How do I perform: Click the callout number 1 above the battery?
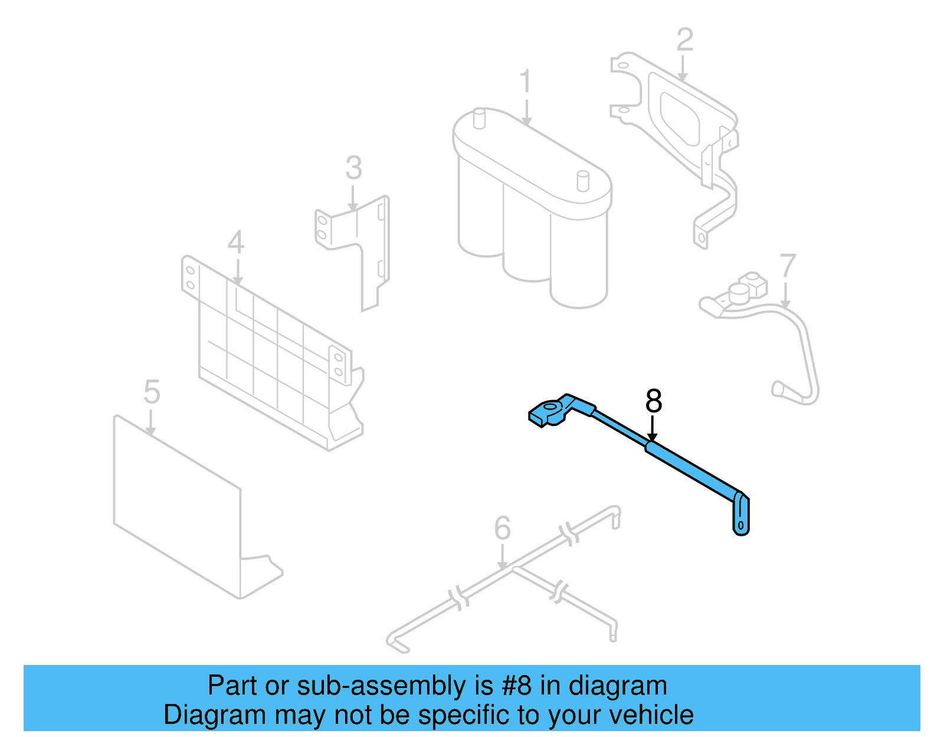(x=525, y=82)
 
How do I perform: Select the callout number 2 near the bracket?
(x=684, y=40)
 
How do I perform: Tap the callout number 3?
(x=353, y=168)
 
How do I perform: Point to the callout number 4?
(x=236, y=243)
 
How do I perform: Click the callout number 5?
(x=152, y=392)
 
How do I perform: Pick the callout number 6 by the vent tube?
(x=502, y=528)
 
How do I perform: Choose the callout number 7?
(x=788, y=266)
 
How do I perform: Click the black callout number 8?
(x=653, y=401)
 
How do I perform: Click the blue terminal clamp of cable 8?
(x=549, y=411)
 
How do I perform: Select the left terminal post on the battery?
(x=479, y=117)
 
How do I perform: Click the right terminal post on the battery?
(x=582, y=181)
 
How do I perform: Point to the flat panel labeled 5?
(x=177, y=507)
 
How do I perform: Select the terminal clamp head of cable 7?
(x=737, y=293)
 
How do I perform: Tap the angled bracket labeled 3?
(x=366, y=248)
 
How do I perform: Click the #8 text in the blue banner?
(x=517, y=686)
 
